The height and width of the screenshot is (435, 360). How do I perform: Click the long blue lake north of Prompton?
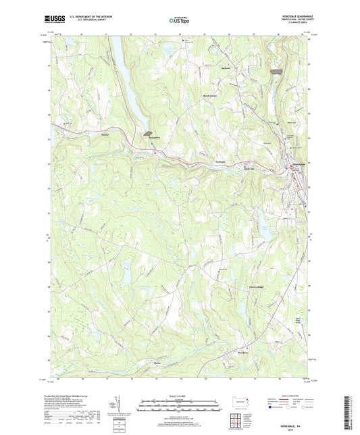tap(128, 81)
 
